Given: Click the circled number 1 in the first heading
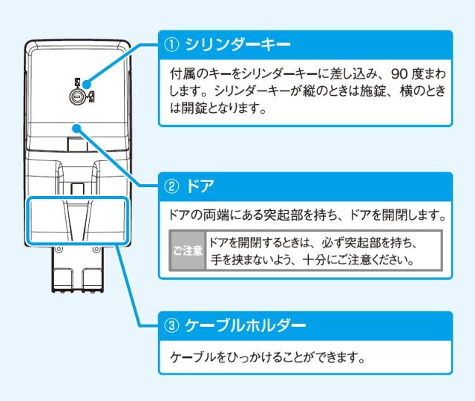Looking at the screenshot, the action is pyautogui.click(x=171, y=45).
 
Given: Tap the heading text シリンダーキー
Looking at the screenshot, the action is pyautogui.click(x=237, y=45).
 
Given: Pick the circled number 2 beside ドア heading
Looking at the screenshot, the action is pyautogui.click(x=171, y=186).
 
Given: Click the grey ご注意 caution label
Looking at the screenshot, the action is pyautogui.click(x=188, y=250).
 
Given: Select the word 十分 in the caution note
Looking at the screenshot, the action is pyautogui.click(x=315, y=260).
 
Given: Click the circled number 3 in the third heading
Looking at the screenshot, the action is pyautogui.click(x=171, y=326).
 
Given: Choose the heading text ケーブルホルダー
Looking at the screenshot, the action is pyautogui.click(x=246, y=326).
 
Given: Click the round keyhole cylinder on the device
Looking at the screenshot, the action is pyautogui.click(x=77, y=97).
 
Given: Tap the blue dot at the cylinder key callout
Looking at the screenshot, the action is pyautogui.click(x=87, y=85).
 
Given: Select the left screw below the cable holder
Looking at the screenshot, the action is pyautogui.click(x=59, y=250).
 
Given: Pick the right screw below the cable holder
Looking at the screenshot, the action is pyautogui.click(x=96, y=250).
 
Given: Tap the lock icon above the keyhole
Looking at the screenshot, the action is pyautogui.click(x=77, y=82).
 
